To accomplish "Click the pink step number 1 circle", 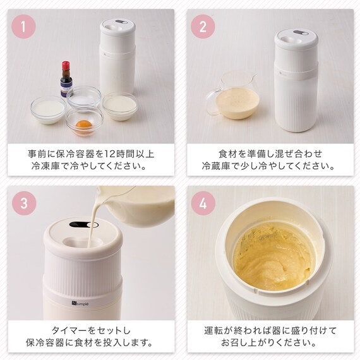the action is point(23,27).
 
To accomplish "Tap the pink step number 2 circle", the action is point(203,27).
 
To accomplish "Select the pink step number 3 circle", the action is point(24,203).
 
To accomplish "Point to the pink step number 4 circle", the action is point(203,203).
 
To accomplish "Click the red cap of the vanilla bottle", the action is point(66,66).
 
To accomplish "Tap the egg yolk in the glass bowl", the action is point(84,125).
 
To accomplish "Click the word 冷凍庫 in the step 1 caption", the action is point(45,165).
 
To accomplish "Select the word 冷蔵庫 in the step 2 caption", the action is point(216,165).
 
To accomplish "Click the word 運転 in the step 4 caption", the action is point(213,330).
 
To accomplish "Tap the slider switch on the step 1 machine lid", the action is point(121,22).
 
